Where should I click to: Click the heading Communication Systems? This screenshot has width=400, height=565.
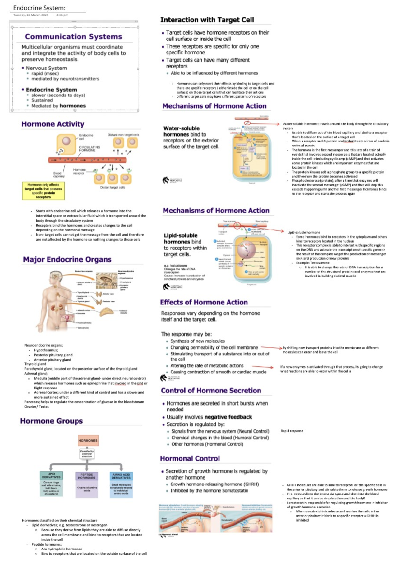click(73, 36)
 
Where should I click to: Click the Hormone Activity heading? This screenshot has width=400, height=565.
click(53, 124)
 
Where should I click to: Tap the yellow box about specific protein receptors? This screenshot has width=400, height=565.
click(43, 191)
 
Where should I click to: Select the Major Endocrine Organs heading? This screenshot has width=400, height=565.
click(67, 259)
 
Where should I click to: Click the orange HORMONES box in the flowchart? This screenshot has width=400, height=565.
click(88, 440)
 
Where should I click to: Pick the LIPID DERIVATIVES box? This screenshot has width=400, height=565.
click(51, 475)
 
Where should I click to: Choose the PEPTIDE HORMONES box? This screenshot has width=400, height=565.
click(87, 476)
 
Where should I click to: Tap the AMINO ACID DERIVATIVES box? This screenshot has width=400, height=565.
click(121, 476)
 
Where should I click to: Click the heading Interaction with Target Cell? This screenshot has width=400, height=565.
click(207, 20)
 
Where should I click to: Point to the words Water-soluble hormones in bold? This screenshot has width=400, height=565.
click(181, 131)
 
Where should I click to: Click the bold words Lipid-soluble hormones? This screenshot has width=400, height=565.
click(180, 239)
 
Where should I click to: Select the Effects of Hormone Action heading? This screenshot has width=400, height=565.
click(204, 302)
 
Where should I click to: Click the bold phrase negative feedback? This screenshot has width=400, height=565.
click(228, 417)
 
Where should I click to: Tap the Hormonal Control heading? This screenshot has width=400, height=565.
click(190, 458)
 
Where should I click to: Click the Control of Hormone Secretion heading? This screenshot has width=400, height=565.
click(211, 390)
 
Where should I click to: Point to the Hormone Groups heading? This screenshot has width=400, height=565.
click(51, 421)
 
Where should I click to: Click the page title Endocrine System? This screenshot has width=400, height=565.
click(39, 8)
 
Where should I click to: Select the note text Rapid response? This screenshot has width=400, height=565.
click(292, 431)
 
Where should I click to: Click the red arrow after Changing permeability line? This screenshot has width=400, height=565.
click(271, 347)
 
